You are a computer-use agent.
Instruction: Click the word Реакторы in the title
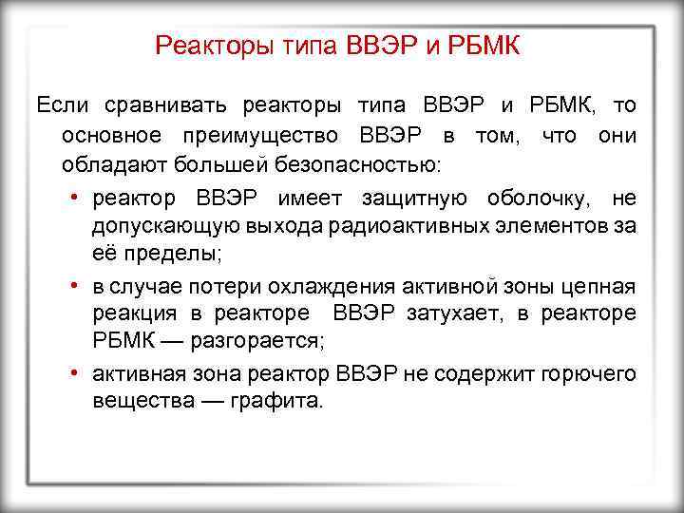[203, 46]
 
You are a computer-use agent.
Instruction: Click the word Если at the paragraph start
[59, 104]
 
